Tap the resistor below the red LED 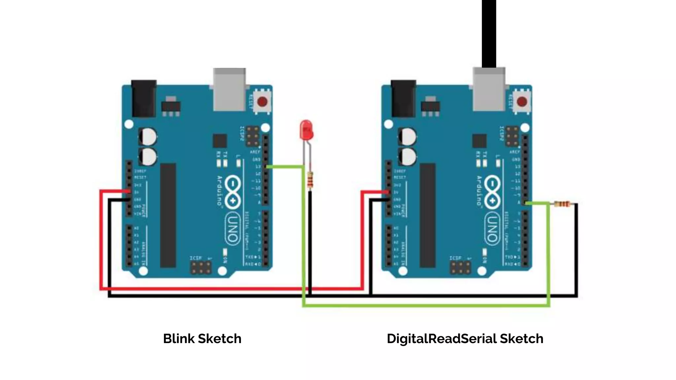(x=310, y=180)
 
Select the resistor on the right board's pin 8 (x=562, y=204)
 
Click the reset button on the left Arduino (x=262, y=102)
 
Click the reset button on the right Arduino (x=522, y=102)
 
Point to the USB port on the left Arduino (x=229, y=89)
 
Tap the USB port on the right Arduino (x=489, y=89)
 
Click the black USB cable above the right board (x=489, y=33)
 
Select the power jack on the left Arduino (x=144, y=98)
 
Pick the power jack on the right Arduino (x=403, y=98)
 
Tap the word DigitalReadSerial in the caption (x=441, y=339)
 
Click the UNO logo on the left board (x=233, y=228)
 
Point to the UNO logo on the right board (x=492, y=228)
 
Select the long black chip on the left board (x=168, y=215)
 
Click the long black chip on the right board (x=427, y=215)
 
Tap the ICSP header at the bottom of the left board (x=201, y=268)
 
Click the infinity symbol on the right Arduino (x=492, y=192)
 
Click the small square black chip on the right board (x=479, y=141)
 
